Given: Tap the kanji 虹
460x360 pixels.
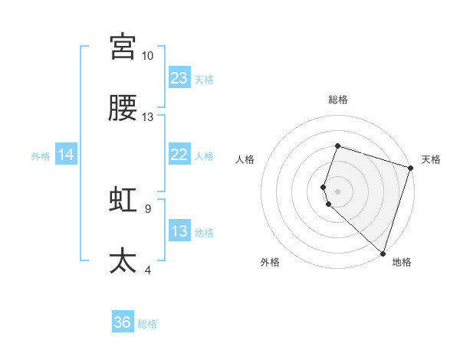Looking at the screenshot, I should (123, 199).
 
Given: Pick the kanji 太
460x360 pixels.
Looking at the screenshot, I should (123, 260).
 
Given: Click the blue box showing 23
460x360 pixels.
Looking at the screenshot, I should (179, 78).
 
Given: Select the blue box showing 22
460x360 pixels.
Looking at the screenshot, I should (179, 155).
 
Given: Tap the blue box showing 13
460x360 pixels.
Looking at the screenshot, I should (179, 231).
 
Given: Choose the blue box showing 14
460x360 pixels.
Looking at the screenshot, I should (66, 155).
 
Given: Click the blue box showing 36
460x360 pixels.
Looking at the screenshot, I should (123, 322).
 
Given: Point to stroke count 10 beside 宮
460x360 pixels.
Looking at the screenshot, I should (148, 56).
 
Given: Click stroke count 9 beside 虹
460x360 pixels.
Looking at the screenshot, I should (147, 208).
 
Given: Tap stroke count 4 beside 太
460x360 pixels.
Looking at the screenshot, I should (147, 270).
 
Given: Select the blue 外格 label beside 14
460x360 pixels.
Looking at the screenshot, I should (41, 156).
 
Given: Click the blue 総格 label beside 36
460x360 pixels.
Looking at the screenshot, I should (147, 324).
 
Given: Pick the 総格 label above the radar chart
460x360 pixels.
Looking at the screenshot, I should (337, 100).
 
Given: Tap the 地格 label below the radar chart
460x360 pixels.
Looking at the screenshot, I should (402, 263).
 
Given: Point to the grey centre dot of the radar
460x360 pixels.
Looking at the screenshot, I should (337, 191).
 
